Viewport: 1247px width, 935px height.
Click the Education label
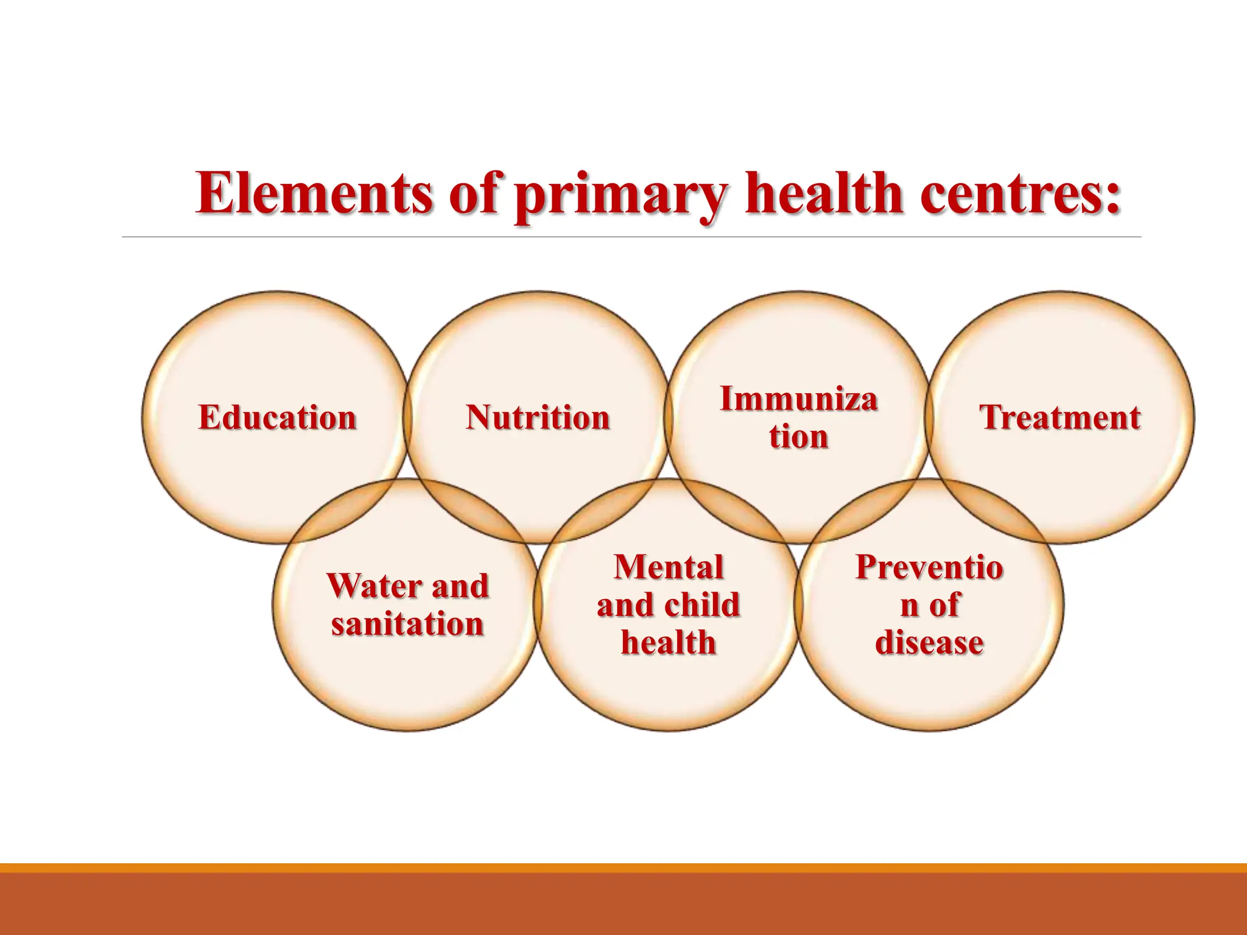click(x=277, y=418)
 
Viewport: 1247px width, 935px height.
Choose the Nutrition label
click(x=538, y=418)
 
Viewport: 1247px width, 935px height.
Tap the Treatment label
click(x=1059, y=418)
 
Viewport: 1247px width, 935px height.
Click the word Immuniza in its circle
click(x=798, y=399)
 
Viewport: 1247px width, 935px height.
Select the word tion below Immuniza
click(x=798, y=436)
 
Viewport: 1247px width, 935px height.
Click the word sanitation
click(x=407, y=624)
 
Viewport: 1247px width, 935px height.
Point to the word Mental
click(x=669, y=567)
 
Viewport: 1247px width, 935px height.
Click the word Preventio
click(x=929, y=567)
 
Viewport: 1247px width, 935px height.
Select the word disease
click(x=929, y=643)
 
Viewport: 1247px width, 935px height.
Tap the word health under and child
click(x=669, y=643)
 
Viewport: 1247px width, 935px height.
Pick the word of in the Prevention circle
click(x=944, y=605)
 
